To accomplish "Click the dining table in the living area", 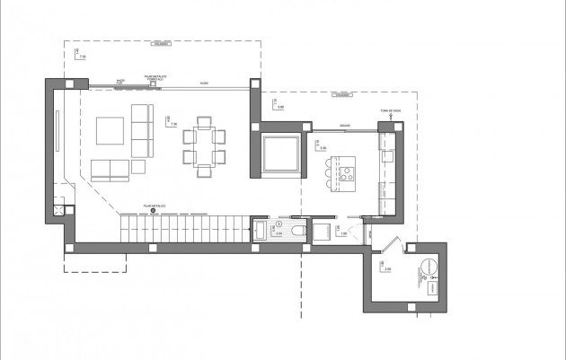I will (202, 143).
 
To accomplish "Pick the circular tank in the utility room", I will (427, 267).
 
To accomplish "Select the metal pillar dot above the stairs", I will (152, 212).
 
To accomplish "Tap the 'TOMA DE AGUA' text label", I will (390, 112).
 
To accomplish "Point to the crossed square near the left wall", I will (59, 211).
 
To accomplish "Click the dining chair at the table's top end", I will (202, 122).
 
